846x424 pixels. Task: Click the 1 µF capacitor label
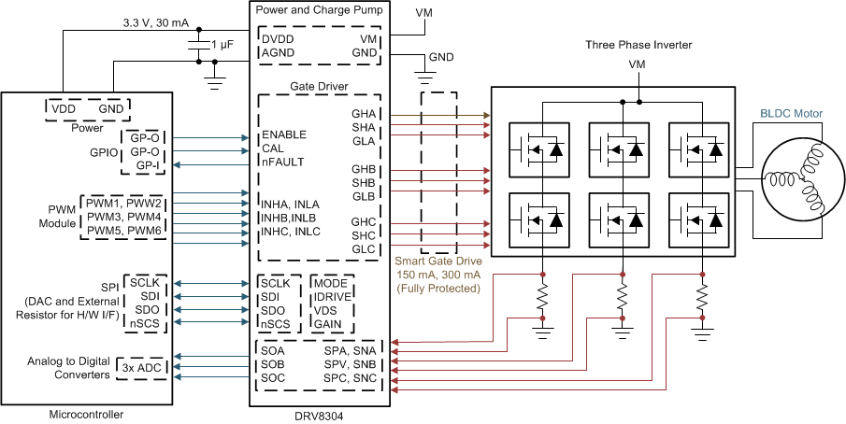click(223, 45)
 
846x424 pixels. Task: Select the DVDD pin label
click(279, 40)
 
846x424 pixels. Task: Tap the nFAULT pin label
click(282, 162)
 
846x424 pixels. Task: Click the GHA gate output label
click(363, 113)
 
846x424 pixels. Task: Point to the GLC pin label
click(363, 248)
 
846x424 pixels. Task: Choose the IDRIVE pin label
click(332, 296)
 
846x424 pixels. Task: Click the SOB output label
click(273, 363)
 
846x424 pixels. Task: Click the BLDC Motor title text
click(791, 114)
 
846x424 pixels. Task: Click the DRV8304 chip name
click(320, 415)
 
